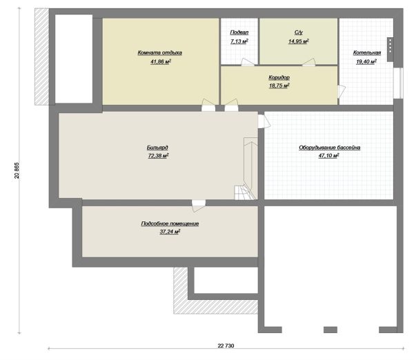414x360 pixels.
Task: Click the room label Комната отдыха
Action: pyautogui.click(x=160, y=53)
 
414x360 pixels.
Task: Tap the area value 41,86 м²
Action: pyautogui.click(x=161, y=62)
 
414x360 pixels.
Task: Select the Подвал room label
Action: pyautogui.click(x=239, y=32)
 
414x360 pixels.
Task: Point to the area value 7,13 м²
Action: pyautogui.click(x=239, y=41)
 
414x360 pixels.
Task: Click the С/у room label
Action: pyautogui.click(x=299, y=32)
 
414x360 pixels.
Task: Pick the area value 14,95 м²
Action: pyautogui.click(x=299, y=41)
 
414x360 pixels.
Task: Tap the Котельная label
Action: pyautogui.click(x=367, y=53)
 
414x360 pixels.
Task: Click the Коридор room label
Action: pyautogui.click(x=279, y=78)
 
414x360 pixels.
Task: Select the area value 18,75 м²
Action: pyautogui.click(x=279, y=86)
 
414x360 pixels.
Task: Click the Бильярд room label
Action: pyautogui.click(x=157, y=148)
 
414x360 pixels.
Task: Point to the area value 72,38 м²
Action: pyautogui.click(x=159, y=156)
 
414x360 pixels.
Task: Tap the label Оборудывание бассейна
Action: pyautogui.click(x=330, y=148)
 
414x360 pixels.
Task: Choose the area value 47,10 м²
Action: pyautogui.click(x=328, y=156)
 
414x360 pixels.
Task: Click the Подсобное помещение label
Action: pyautogui.click(x=170, y=223)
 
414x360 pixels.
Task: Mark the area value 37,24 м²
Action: pyautogui.click(x=170, y=232)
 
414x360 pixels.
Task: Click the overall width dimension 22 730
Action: pyautogui.click(x=226, y=346)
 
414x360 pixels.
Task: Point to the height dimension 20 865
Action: pyautogui.click(x=17, y=170)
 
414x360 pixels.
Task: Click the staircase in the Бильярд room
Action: pyautogui.click(x=246, y=169)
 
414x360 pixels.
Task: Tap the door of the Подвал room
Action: pyautogui.click(x=248, y=62)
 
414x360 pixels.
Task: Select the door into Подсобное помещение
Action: pyautogui.click(x=199, y=206)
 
